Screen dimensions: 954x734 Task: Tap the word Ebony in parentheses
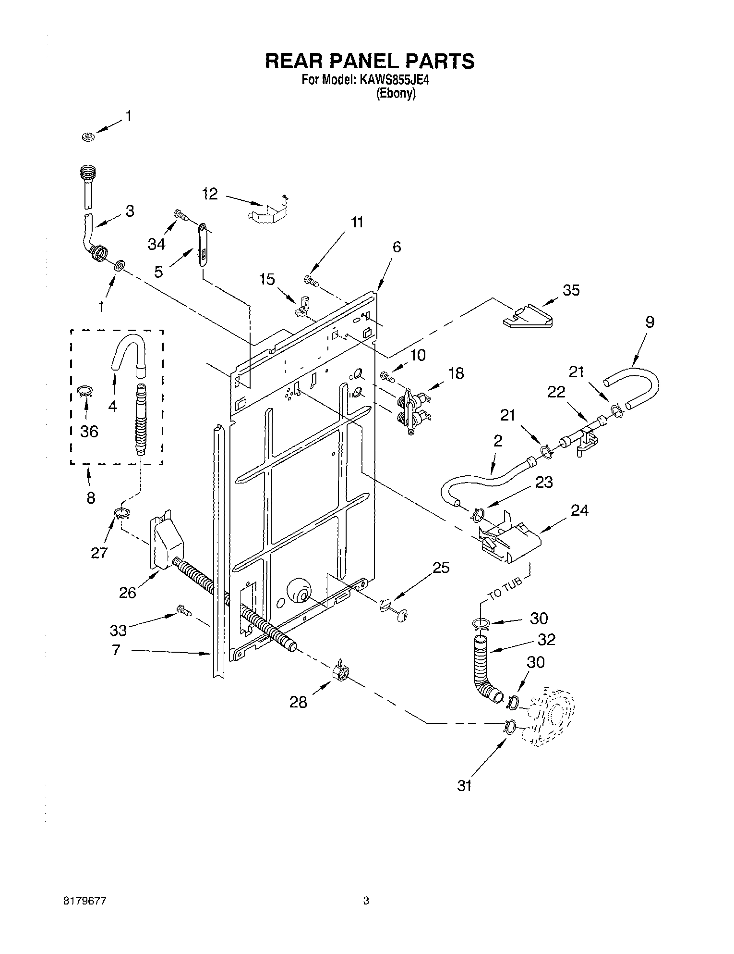[395, 94]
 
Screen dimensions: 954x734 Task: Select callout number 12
[209, 194]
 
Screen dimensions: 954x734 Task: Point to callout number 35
[571, 290]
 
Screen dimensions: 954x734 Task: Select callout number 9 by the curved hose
[649, 322]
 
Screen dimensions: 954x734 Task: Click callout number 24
[579, 510]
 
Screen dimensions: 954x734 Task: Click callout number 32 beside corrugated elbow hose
[546, 639]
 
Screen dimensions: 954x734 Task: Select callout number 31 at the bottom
[464, 786]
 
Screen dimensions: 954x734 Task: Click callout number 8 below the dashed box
[90, 497]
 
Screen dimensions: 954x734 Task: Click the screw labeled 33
[183, 611]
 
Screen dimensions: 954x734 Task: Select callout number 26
[128, 593]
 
